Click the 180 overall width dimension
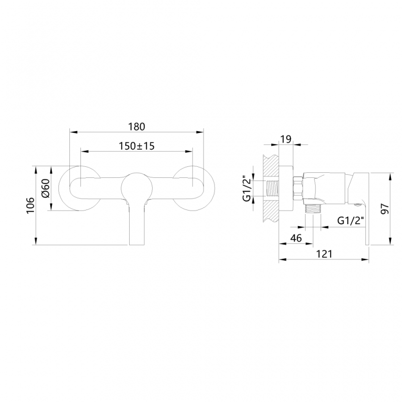coord(137,126)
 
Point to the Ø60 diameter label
coord(45,188)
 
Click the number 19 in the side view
coord(285,139)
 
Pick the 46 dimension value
coord(296,238)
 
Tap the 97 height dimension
coord(385,209)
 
